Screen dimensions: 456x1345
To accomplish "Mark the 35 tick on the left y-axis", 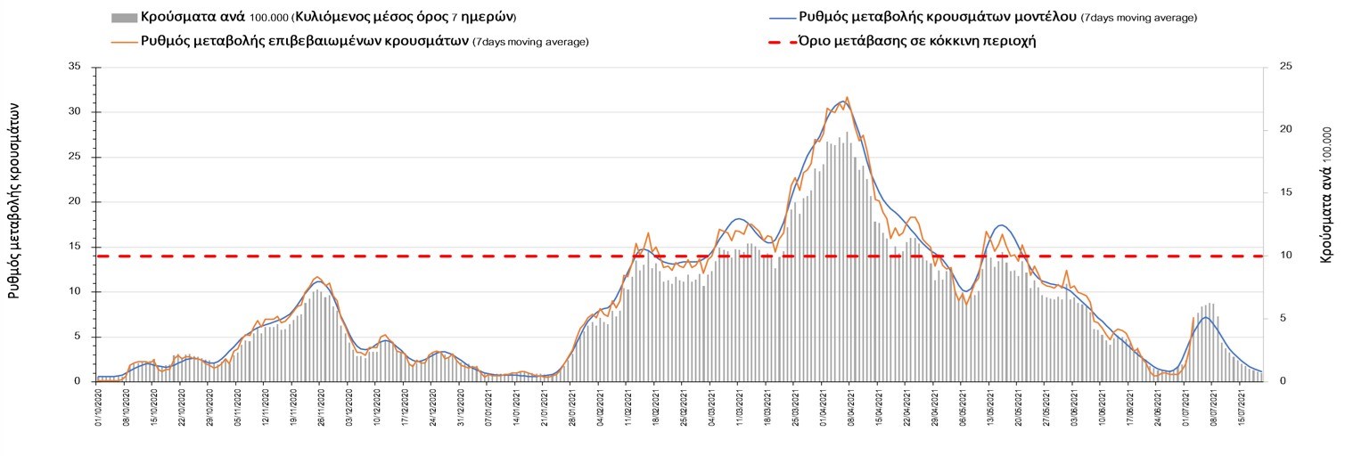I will point(75,67).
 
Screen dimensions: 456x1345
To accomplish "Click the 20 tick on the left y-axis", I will point(75,201).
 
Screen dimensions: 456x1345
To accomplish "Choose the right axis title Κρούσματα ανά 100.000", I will point(1326,193).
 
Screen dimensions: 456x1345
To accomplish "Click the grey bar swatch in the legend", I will point(123,17).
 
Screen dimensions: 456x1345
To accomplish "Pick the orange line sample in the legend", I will point(123,41).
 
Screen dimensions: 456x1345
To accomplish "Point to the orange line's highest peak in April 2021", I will point(847,97).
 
